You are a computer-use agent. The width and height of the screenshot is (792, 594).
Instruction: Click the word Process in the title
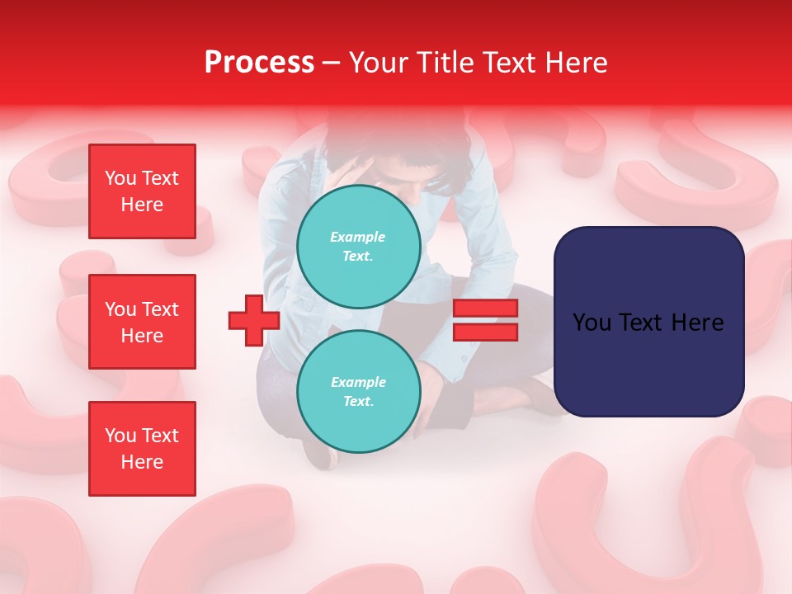coord(259,63)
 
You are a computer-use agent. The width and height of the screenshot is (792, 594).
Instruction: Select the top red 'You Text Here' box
coord(142,191)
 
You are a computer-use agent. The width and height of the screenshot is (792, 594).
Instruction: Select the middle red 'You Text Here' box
coord(142,322)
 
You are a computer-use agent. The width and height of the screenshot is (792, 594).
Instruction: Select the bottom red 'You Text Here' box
coord(142,448)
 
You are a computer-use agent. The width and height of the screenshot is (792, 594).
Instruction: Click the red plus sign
coord(254,320)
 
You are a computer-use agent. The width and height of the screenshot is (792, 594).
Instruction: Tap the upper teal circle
coord(358,247)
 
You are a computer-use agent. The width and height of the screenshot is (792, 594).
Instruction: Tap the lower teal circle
coord(358,392)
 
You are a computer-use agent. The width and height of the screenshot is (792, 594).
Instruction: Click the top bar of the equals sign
coord(485,309)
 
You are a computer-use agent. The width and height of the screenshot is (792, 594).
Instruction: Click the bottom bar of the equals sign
coord(485,332)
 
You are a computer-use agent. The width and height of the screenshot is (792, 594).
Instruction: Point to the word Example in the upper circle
coord(358,237)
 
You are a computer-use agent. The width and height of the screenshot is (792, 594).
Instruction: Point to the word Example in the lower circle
coord(358,382)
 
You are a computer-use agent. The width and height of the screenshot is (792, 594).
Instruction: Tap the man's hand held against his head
coord(346,169)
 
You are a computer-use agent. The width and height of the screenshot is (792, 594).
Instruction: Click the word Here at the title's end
coord(577,63)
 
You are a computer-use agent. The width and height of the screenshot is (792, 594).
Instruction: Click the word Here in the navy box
coord(697,323)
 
